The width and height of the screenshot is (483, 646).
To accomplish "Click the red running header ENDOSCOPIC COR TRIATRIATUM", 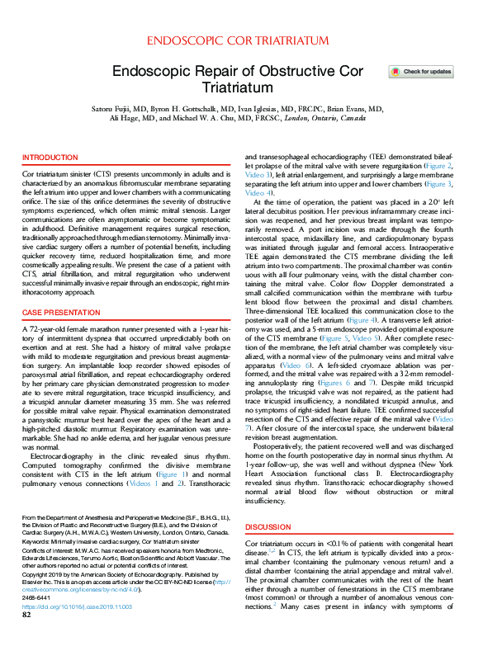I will (x=241, y=40).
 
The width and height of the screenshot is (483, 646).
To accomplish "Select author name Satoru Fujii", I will (x=134, y=108).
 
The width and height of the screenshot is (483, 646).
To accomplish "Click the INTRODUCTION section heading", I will (x=50, y=157).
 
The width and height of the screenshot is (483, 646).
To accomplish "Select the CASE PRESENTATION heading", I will (x=60, y=314).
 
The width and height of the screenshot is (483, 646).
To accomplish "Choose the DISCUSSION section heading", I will (x=269, y=526).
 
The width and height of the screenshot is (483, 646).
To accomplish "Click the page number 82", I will (x=26, y=637).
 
